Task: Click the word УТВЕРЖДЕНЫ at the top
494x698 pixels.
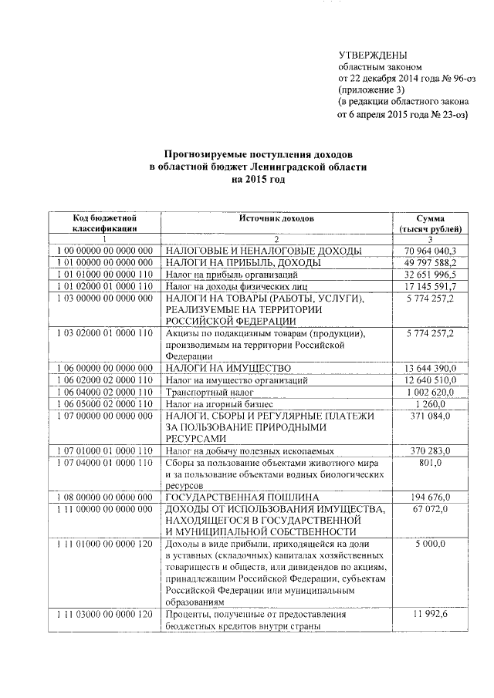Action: (374, 55)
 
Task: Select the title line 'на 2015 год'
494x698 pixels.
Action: (258, 179)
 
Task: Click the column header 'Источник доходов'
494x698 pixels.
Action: (276, 218)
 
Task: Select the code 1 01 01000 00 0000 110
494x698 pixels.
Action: (106, 274)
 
